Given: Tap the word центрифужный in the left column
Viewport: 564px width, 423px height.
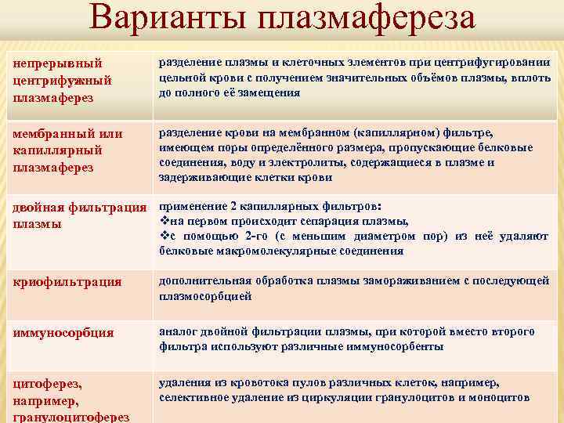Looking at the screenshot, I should coord(63,80).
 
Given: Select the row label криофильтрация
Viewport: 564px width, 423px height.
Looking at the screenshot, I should coord(67,281).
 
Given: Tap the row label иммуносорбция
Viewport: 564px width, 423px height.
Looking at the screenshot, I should coord(63,333).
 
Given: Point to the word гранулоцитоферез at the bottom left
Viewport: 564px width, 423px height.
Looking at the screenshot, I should coord(71,417).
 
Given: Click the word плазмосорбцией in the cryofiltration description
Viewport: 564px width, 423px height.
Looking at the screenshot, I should coord(205,297).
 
